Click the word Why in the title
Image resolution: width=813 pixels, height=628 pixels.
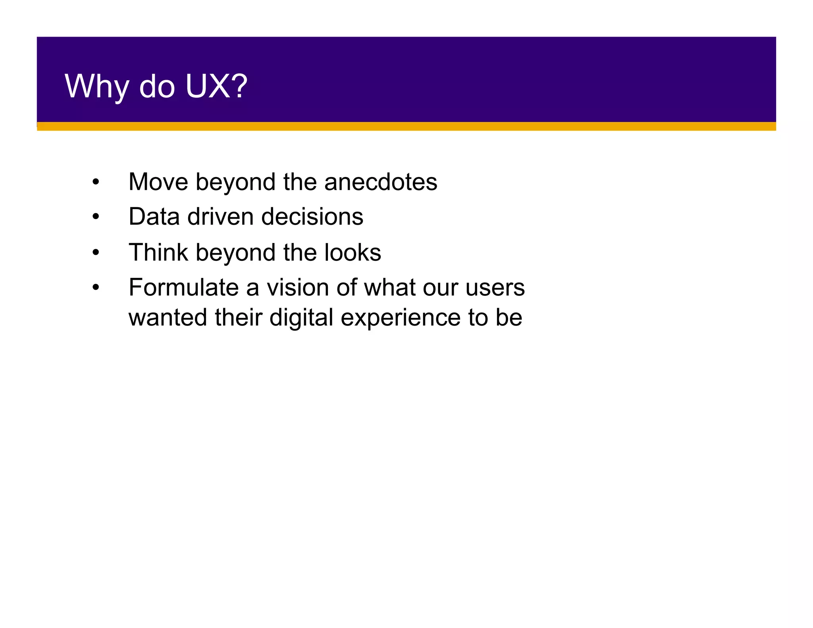[x=96, y=87]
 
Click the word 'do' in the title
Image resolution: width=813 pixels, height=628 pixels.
[x=157, y=87]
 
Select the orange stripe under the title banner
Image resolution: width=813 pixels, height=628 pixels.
[x=406, y=127]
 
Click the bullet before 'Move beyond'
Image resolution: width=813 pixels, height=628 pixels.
[x=96, y=183]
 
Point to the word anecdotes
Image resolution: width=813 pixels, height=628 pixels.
[x=381, y=182]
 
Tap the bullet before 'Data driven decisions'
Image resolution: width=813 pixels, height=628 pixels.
[x=96, y=217]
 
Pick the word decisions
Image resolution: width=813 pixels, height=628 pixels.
[x=312, y=217]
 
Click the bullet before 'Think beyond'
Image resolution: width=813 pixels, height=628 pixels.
[x=96, y=253]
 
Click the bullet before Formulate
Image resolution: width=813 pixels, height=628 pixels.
[x=96, y=288]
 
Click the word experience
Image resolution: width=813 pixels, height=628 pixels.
[x=400, y=318]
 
